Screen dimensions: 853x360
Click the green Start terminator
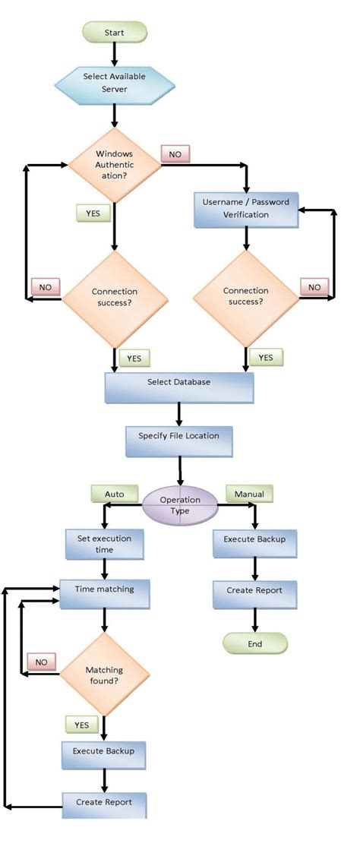pos(114,32)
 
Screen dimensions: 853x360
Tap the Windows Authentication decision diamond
pos(113,165)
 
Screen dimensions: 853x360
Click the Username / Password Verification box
pos(246,208)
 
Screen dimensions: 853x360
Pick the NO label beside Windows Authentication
pos(175,154)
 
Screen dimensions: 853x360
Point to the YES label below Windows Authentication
pos(93,213)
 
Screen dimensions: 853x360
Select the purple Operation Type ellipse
pos(179,505)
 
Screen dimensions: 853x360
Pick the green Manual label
pos(249,494)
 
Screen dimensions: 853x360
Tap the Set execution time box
pos(104,544)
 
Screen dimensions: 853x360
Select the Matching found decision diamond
pos(104,676)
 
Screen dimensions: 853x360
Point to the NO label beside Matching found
pos(41,662)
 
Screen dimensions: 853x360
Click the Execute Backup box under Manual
pos(254,543)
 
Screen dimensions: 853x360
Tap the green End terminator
pos(254,644)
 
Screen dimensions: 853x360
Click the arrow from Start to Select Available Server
pos(114,53)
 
